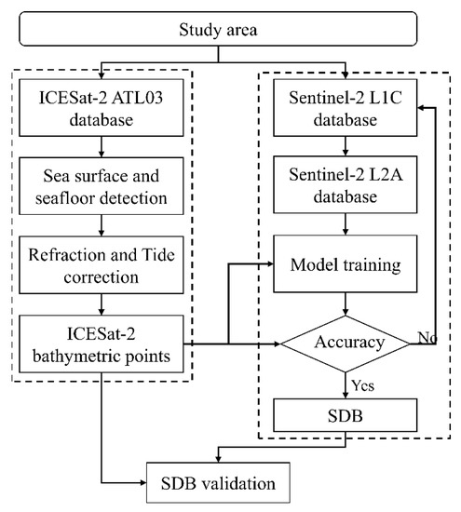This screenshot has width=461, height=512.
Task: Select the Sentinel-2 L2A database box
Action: pos(346,185)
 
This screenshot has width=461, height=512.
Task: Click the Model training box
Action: pos(346,264)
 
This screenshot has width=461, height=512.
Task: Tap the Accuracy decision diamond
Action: pos(346,343)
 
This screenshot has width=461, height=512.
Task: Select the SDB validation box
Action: pos(216,483)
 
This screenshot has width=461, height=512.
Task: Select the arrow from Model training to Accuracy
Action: pos(346,303)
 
